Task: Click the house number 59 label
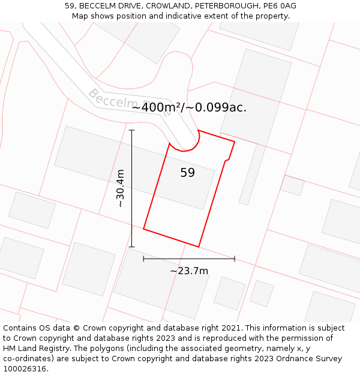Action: (187, 173)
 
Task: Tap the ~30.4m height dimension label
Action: (120, 188)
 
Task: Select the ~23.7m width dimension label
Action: (189, 271)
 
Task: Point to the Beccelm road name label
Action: (111, 100)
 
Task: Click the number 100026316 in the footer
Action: (25, 368)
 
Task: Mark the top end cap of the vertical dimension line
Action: (131, 130)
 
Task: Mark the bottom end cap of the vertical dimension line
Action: (131, 247)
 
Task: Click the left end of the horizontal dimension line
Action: (143, 259)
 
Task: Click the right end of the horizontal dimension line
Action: (235, 259)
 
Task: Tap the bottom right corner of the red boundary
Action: (199, 247)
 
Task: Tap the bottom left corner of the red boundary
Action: (143, 229)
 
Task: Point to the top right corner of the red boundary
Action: (235, 142)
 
